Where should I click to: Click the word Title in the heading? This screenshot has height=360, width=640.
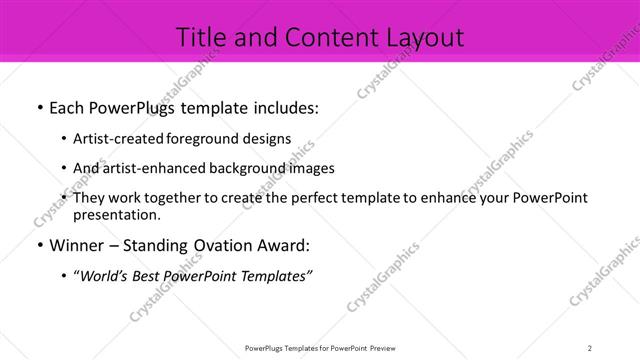point(201,38)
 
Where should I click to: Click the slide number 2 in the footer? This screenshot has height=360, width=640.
point(590,348)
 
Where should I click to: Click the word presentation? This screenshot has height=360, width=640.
point(116,214)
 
